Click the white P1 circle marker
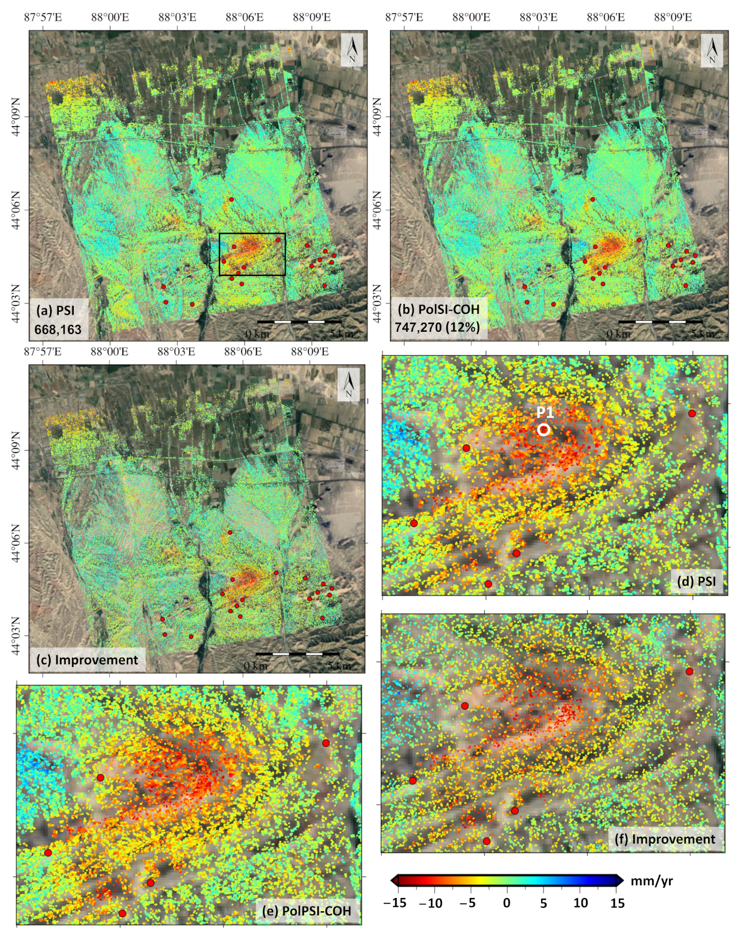(x=543, y=430)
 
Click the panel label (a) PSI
(x=55, y=310)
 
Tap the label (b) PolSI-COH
(x=438, y=309)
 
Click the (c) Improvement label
(x=87, y=660)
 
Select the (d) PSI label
(x=697, y=581)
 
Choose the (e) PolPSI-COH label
(x=306, y=911)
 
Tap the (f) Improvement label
(x=666, y=839)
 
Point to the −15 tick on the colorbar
(x=395, y=903)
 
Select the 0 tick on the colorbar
(x=506, y=903)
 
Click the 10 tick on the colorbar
(x=580, y=903)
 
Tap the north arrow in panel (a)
(x=352, y=50)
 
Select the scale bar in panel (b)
(x=660, y=321)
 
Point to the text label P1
(x=545, y=412)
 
